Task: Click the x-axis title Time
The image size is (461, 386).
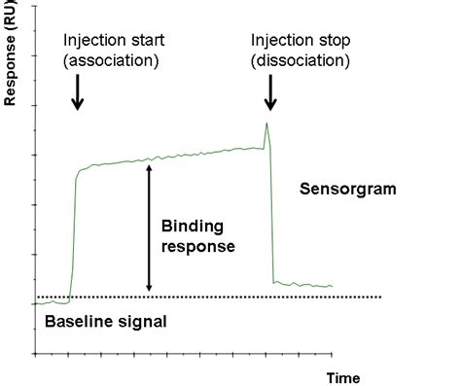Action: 342,377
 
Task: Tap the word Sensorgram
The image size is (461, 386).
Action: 348,189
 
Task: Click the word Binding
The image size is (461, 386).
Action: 193,227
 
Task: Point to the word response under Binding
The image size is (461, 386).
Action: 197,246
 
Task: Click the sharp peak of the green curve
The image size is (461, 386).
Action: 266,123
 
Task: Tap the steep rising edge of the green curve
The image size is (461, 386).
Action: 73,233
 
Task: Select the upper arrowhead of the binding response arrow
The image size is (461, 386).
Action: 148,166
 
